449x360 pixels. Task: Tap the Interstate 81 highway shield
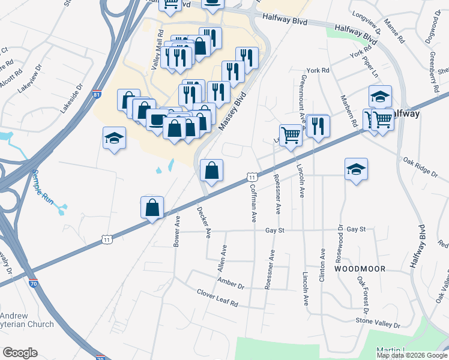(x=97, y=95)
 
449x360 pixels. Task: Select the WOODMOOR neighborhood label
(x=360, y=269)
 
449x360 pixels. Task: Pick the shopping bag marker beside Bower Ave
(x=152, y=208)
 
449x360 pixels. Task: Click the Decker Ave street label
(x=203, y=221)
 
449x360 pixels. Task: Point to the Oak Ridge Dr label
(x=421, y=167)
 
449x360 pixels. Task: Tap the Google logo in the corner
(x=20, y=353)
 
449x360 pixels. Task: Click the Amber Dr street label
(x=232, y=283)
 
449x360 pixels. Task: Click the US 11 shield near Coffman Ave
(x=253, y=178)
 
